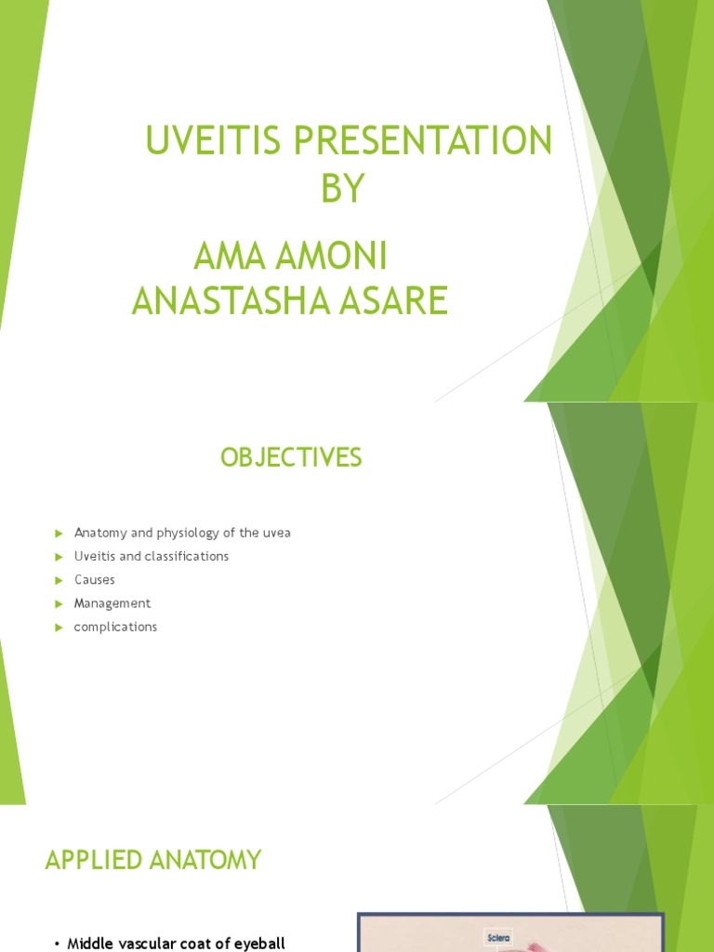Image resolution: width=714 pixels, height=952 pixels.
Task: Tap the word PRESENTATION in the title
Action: [x=423, y=143]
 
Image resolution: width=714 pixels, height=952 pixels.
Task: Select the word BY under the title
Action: [x=343, y=190]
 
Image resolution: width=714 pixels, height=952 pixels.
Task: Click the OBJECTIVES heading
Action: [x=291, y=457]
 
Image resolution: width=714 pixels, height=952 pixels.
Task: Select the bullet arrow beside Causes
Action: [x=58, y=580]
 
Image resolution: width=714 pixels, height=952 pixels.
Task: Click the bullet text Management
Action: [x=112, y=603]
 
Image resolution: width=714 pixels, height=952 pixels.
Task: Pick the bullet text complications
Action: [x=115, y=627]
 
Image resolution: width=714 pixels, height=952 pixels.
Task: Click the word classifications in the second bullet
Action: [x=188, y=557]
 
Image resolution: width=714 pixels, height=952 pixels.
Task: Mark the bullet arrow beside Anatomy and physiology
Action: [x=58, y=534]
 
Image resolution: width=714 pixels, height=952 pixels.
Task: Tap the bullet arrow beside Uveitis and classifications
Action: [x=58, y=557]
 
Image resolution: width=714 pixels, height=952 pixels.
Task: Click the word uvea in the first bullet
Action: [x=277, y=534]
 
